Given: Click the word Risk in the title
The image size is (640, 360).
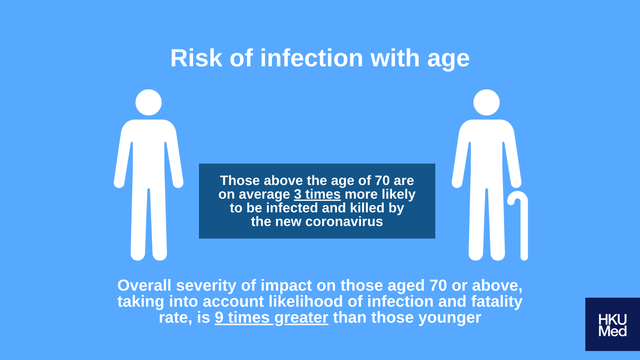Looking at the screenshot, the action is [x=196, y=58].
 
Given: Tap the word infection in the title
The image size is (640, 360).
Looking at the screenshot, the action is [x=312, y=58].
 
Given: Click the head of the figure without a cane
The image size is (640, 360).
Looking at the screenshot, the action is [x=149, y=102].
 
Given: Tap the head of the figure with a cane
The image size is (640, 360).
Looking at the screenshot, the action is [x=487, y=102].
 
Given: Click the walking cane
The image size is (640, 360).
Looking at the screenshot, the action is [x=524, y=227].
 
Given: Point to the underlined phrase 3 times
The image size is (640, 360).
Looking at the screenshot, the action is [x=317, y=194].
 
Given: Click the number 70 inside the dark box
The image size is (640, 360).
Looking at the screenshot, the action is [x=382, y=181].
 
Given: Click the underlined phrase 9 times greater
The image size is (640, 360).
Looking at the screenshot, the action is [x=272, y=318].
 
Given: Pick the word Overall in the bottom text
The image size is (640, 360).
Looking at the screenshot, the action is [x=144, y=285].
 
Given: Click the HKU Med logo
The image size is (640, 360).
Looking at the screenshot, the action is [x=613, y=324].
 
